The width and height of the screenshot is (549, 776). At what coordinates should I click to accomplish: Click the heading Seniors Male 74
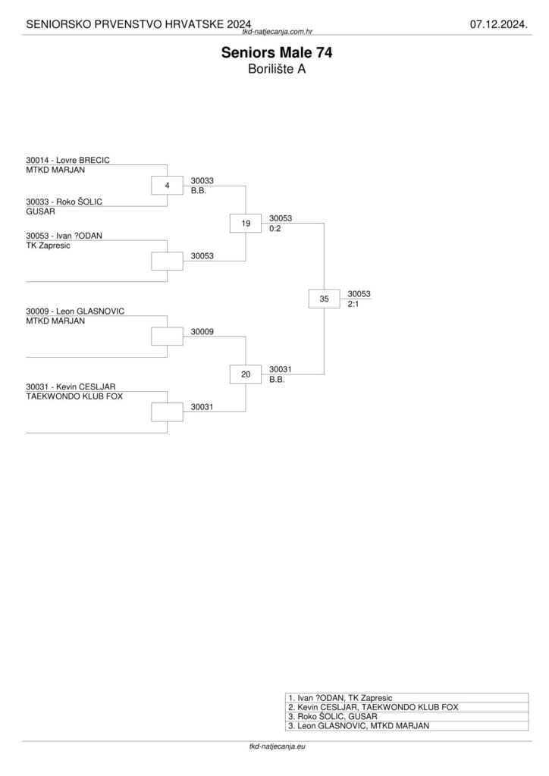click(x=276, y=53)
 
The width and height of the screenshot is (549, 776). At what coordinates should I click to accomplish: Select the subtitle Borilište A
click(x=276, y=69)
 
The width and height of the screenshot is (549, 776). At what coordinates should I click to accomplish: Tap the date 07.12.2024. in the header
click(x=498, y=25)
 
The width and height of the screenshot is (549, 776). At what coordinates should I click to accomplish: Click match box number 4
click(x=167, y=185)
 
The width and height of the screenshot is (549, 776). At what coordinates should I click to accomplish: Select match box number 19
click(x=246, y=224)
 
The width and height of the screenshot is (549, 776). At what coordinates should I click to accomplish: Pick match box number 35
click(x=325, y=299)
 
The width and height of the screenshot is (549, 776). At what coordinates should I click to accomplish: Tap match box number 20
click(x=246, y=374)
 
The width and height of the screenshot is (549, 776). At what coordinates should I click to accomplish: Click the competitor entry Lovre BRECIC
click(x=67, y=161)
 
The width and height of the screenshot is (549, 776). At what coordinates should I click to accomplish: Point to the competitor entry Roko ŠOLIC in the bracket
click(x=64, y=202)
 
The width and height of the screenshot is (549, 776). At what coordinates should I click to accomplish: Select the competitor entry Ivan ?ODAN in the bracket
click(x=64, y=236)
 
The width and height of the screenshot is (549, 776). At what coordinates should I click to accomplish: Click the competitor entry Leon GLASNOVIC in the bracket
click(x=74, y=311)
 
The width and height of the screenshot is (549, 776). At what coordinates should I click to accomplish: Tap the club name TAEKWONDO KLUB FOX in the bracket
click(x=74, y=396)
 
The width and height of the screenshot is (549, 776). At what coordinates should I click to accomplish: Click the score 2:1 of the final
click(x=353, y=304)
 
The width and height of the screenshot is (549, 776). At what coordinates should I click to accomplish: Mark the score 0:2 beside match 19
click(x=275, y=228)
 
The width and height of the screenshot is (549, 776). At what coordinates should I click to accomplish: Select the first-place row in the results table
click(x=406, y=697)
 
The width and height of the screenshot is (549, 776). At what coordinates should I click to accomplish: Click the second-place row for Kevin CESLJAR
click(x=406, y=706)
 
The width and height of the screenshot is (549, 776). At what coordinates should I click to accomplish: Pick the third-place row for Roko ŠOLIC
click(x=406, y=716)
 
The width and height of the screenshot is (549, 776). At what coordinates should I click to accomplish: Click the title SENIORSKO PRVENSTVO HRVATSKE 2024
click(x=139, y=25)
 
